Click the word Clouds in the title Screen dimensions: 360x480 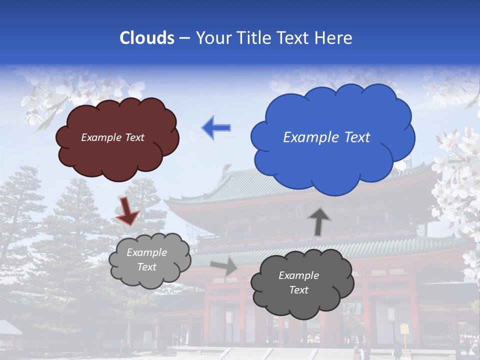tap(147, 38)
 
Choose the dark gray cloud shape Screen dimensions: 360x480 tap(301, 283)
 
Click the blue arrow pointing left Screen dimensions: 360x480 tap(216, 127)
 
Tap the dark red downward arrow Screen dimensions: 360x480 tap(127, 210)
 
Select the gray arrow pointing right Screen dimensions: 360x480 tap(223, 266)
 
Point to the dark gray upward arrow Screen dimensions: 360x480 tap(318, 221)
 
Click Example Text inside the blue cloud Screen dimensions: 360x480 tap(326, 137)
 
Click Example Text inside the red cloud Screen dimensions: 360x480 tap(112, 137)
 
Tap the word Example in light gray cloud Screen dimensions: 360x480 tap(146, 252)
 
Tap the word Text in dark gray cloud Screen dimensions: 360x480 tap(298, 290)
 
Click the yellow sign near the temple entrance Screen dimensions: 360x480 tap(404, 328)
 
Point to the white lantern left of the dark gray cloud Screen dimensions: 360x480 tap(230, 317)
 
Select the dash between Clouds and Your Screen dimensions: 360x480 tap(184, 38)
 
